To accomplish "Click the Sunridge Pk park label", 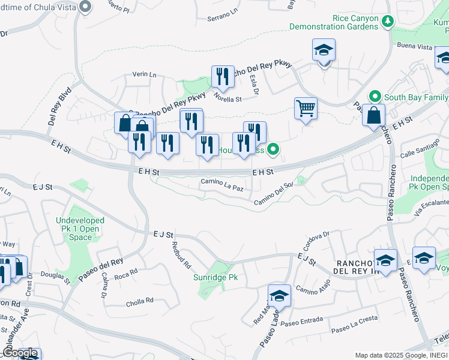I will [x=215, y=278].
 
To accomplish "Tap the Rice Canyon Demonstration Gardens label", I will [x=334, y=23].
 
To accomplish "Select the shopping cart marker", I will [x=306, y=109].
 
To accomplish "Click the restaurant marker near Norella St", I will [x=223, y=76].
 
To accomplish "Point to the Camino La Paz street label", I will [x=221, y=181].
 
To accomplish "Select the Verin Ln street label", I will [x=144, y=75].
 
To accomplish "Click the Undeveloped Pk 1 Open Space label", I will [x=80, y=229].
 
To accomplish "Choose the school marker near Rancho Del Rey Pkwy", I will [x=324, y=51].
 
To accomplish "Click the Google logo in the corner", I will [x=19, y=353].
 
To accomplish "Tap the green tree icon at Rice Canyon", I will [x=388, y=22].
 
